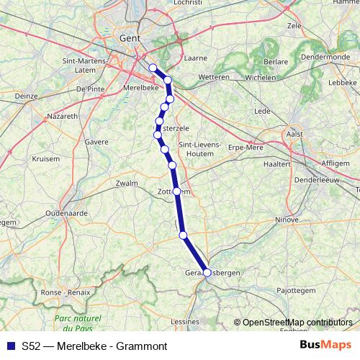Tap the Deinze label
pyautogui.click(x=25, y=95)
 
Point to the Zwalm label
pyautogui.click(x=126, y=184)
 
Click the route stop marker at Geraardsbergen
pyautogui.click(x=207, y=273)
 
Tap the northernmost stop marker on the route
pyautogui.click(x=153, y=68)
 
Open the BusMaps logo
pyautogui.click(x=325, y=345)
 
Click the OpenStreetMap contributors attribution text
pyautogui.click(x=297, y=322)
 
